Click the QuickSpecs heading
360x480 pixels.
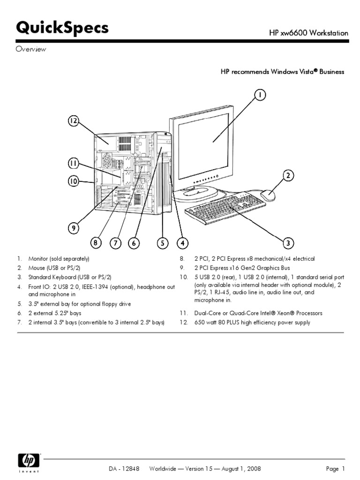point(62,29)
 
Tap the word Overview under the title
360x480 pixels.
point(30,50)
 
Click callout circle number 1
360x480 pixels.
point(261,95)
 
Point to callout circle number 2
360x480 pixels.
point(288,176)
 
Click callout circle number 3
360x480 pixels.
point(288,243)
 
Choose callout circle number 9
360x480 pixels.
point(73,228)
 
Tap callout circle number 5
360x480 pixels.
point(162,243)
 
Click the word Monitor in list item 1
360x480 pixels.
point(38,259)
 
